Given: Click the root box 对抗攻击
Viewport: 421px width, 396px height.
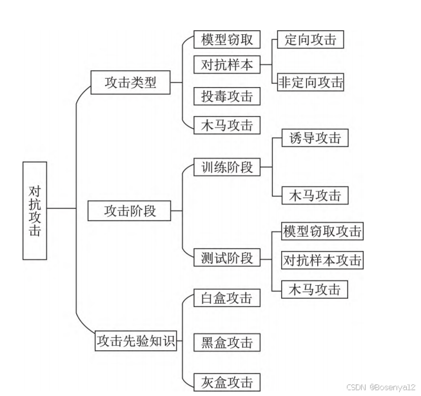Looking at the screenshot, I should [34, 210].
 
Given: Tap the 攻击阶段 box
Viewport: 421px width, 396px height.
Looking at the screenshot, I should [130, 211].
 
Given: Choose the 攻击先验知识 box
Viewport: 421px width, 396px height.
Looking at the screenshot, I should [135, 341].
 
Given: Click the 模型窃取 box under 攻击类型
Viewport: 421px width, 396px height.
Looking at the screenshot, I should [226, 40].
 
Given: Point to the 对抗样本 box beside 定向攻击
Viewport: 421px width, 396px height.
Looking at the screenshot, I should [226, 65].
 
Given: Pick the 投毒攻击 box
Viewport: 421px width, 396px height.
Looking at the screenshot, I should [226, 97].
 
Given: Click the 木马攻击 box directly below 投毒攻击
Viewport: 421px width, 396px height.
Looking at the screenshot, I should [226, 124].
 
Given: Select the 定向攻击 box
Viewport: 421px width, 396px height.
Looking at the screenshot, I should [310, 40].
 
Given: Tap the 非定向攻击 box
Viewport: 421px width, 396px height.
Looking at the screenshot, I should [311, 83].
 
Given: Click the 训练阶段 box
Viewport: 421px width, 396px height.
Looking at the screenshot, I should [226, 168].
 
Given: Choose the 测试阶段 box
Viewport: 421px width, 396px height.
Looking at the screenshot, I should [226, 257].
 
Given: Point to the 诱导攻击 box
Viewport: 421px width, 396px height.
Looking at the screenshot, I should [315, 138].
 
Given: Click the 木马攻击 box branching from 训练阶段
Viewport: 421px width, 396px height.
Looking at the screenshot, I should [315, 195].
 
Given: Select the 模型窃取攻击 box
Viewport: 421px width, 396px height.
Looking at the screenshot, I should [322, 231].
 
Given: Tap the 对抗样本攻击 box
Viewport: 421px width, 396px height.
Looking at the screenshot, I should [322, 261].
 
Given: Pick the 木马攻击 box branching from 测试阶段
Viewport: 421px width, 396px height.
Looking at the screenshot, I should [315, 289].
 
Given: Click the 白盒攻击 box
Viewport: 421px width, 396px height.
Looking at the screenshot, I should [226, 298].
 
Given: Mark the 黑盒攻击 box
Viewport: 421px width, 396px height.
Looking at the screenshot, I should [226, 342].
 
